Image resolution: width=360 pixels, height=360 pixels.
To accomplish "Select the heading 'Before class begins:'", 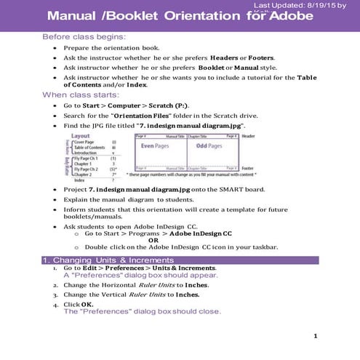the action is pyautogui.click(x=84, y=36).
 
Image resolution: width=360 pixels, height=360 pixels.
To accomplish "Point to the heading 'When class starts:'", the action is pyautogui.click(x=79, y=95).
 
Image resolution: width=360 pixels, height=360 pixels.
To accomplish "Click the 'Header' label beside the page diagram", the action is pyautogui.click(x=249, y=136).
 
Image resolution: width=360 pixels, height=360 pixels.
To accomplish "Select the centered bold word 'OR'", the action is pyautogui.click(x=153, y=240).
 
